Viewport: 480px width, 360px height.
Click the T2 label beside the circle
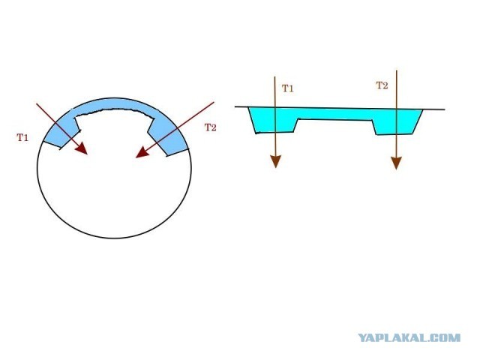click(x=210, y=127)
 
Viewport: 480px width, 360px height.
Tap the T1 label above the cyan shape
click(x=287, y=88)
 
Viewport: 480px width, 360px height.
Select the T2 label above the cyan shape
click(x=382, y=85)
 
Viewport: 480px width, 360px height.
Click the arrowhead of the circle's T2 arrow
click(x=139, y=154)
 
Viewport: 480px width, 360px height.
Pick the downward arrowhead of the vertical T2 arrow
click(x=396, y=163)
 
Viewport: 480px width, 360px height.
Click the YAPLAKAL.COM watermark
click(x=409, y=338)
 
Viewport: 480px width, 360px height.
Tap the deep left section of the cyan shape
click(x=274, y=121)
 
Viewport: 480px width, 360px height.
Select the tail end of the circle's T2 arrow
click(x=214, y=102)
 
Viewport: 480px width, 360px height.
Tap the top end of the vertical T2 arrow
click(x=396, y=70)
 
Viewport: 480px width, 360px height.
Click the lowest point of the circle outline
click(x=114, y=238)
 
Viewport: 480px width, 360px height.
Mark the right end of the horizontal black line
click(x=444, y=109)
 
